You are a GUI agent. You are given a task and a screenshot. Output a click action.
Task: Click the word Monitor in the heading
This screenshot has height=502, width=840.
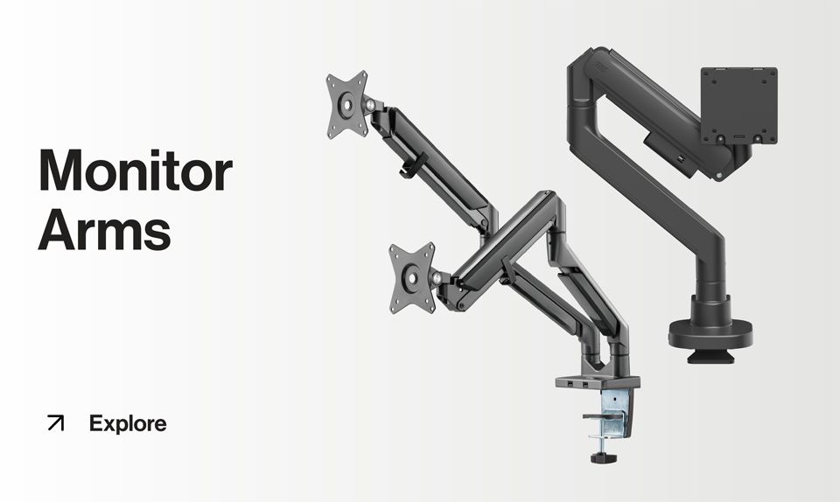(x=135, y=171)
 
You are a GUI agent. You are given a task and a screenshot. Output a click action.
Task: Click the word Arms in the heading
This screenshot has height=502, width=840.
(x=104, y=229)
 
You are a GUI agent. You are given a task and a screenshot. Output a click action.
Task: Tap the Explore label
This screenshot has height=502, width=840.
(x=128, y=424)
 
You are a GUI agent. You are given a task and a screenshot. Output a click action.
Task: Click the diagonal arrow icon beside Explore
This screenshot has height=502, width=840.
(x=56, y=423)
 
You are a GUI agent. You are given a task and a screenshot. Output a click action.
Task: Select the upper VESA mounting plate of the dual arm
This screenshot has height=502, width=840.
(x=347, y=104)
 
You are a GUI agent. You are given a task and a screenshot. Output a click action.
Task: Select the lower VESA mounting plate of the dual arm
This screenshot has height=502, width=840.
(x=411, y=275)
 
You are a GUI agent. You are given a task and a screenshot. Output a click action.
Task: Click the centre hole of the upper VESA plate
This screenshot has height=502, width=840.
(x=348, y=104)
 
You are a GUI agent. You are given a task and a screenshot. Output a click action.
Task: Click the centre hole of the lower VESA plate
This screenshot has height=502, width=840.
(x=410, y=276)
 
